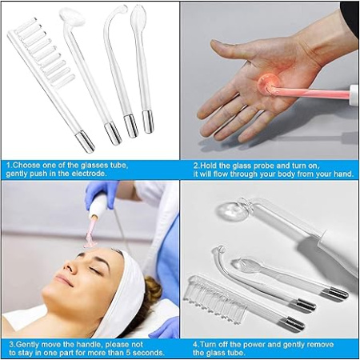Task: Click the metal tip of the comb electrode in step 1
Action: tap(85, 143)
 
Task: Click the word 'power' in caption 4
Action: tap(242, 344)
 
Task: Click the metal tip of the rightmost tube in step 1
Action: tap(147, 121)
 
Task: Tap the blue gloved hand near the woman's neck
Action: tap(165, 326)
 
